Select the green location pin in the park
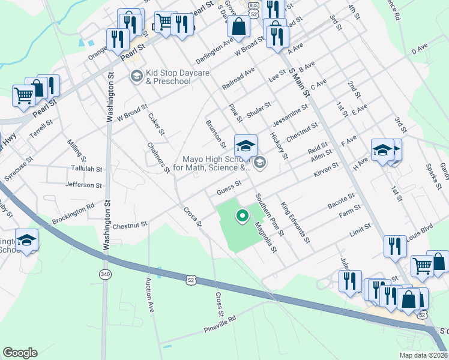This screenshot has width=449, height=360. pyautogui.click(x=243, y=214)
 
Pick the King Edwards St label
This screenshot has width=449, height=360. pyautogui.click(x=296, y=223)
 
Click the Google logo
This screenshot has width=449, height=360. pyautogui.click(x=20, y=353)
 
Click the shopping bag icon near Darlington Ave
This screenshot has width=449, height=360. pyautogui.click(x=239, y=26)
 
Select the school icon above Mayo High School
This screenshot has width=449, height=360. pyautogui.click(x=245, y=146)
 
